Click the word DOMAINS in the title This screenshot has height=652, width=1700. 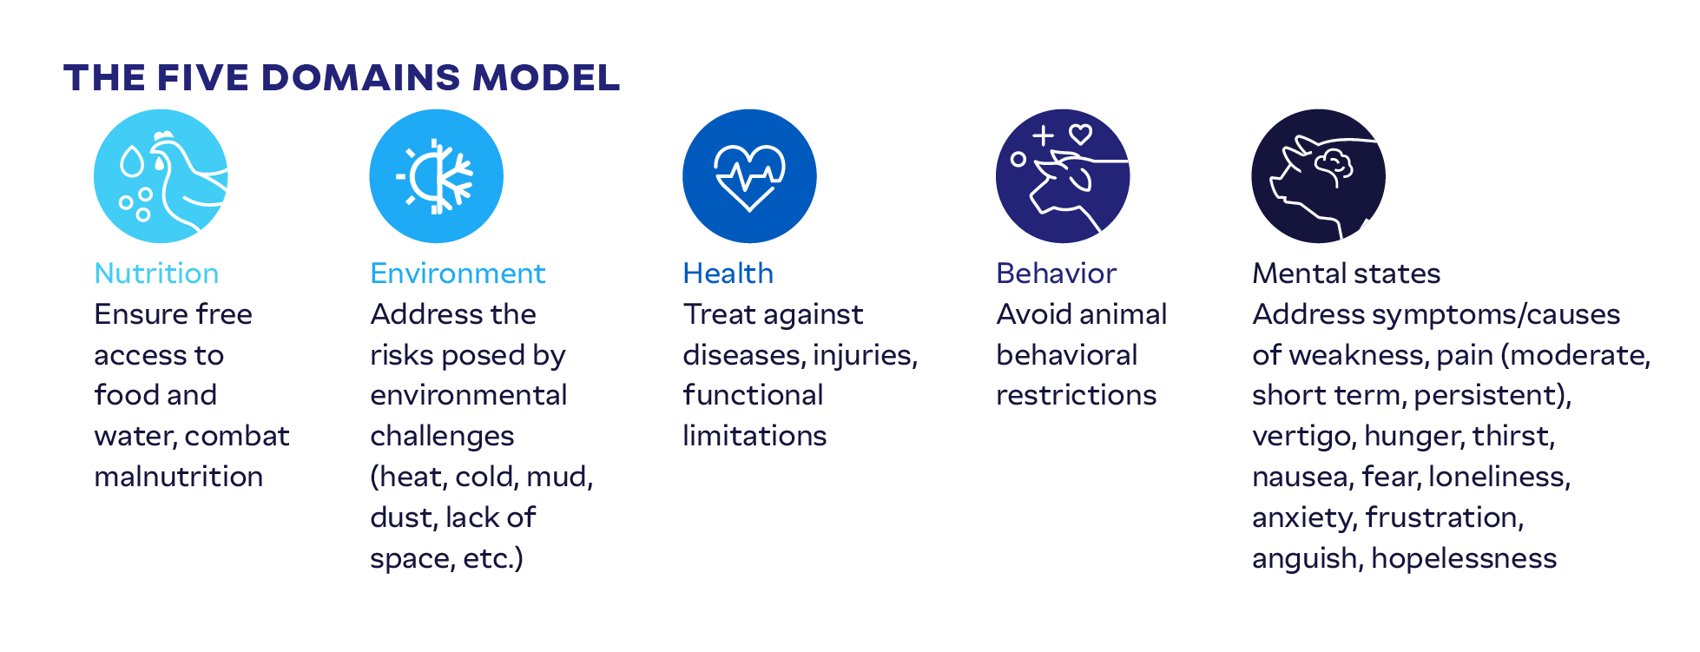pos(360,77)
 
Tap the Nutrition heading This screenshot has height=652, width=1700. pos(156,273)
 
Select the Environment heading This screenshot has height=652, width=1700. pos(458,273)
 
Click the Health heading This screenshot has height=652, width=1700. pos(728,273)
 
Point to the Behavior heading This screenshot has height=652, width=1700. pos(1056,273)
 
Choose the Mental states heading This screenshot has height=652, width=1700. pos(1346,273)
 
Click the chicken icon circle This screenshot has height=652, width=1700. pos(161,176)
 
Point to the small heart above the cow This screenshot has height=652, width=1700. pos(1080,135)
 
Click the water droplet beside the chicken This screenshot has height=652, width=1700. pos(131,161)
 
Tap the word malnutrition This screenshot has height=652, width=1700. pos(178,477)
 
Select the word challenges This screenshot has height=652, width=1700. pos(442,436)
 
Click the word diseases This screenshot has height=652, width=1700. pos(742,355)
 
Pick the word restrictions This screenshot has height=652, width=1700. pos(1076,395)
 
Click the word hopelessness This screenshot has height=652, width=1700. pos(1464,558)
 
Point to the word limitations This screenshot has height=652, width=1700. pos(754,436)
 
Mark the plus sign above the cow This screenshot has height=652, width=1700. pos(1043,135)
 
